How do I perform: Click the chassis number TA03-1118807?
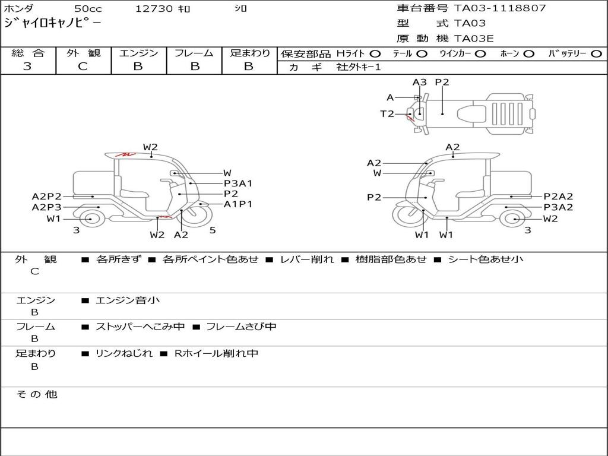point(499,8)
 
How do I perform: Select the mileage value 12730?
point(154,9)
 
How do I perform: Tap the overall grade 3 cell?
point(27,66)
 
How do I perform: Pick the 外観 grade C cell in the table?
point(83,66)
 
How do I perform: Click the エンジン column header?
point(138,53)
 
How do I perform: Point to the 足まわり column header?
point(250,53)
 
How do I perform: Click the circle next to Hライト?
point(375,54)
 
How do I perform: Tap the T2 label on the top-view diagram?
point(387,114)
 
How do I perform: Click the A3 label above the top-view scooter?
point(420,83)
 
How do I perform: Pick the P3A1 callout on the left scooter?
point(238,183)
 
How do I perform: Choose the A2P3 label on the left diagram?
point(47,207)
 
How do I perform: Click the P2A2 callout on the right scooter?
point(559,197)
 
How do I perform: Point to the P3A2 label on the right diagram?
point(559,207)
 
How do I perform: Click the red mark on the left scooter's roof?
point(125,154)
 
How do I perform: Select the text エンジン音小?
point(128,300)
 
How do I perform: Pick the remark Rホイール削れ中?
point(216,353)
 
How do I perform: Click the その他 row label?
point(37,394)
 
